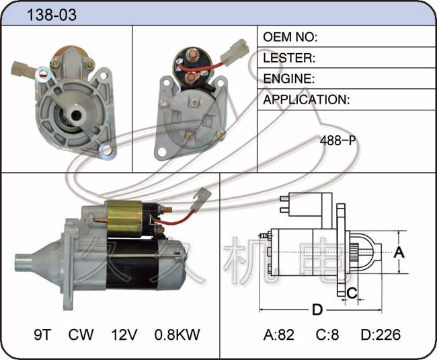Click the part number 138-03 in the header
click(x=52, y=15)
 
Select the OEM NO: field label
click(x=290, y=37)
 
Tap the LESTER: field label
click(x=289, y=58)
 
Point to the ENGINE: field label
click(x=288, y=79)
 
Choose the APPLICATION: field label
click(x=307, y=100)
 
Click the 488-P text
click(x=337, y=140)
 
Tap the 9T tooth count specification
click(x=43, y=334)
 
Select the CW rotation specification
click(x=81, y=334)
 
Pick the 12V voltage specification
click(x=124, y=334)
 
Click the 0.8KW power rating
click(x=177, y=334)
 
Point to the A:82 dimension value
click(x=279, y=334)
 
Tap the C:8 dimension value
click(x=327, y=334)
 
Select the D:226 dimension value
click(x=381, y=334)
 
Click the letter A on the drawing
click(x=399, y=252)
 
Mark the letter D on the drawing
click(x=317, y=310)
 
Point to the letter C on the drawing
click(x=352, y=293)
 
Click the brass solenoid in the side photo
click(x=124, y=219)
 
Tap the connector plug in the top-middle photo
click(x=235, y=52)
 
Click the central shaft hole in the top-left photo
click(x=75, y=115)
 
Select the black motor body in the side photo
click(x=132, y=264)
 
